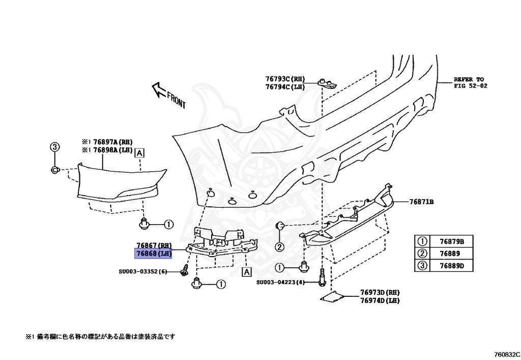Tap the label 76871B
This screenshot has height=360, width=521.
point(421,202)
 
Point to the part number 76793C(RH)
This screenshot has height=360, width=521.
point(284,79)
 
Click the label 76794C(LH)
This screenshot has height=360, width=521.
point(284,87)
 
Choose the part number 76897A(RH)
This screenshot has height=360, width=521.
point(112,142)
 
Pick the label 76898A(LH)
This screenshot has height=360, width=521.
point(112,151)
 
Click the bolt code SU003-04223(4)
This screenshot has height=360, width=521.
point(280,282)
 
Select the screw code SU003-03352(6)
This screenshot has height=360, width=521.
point(143,271)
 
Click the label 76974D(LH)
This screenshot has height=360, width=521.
point(380,300)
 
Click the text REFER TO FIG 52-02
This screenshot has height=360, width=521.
point(470,83)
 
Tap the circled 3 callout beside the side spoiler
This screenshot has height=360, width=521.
point(54,147)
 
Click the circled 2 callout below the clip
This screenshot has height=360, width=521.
point(279,247)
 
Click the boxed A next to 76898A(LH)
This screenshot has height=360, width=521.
point(139,152)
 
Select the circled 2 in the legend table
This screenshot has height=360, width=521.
point(422,254)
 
